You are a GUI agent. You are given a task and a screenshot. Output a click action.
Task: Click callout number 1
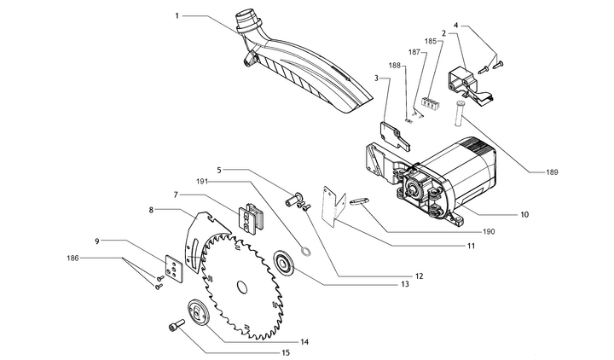click(x=177, y=15)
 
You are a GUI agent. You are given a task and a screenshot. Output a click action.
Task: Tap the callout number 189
click(x=553, y=172)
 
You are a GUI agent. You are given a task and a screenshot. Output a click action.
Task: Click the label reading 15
click(x=286, y=352)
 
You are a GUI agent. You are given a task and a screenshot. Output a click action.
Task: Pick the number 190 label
click(x=511, y=230)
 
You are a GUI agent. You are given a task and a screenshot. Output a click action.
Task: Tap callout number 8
click(x=151, y=209)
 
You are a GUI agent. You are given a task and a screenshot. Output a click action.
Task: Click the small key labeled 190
click(x=359, y=201)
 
